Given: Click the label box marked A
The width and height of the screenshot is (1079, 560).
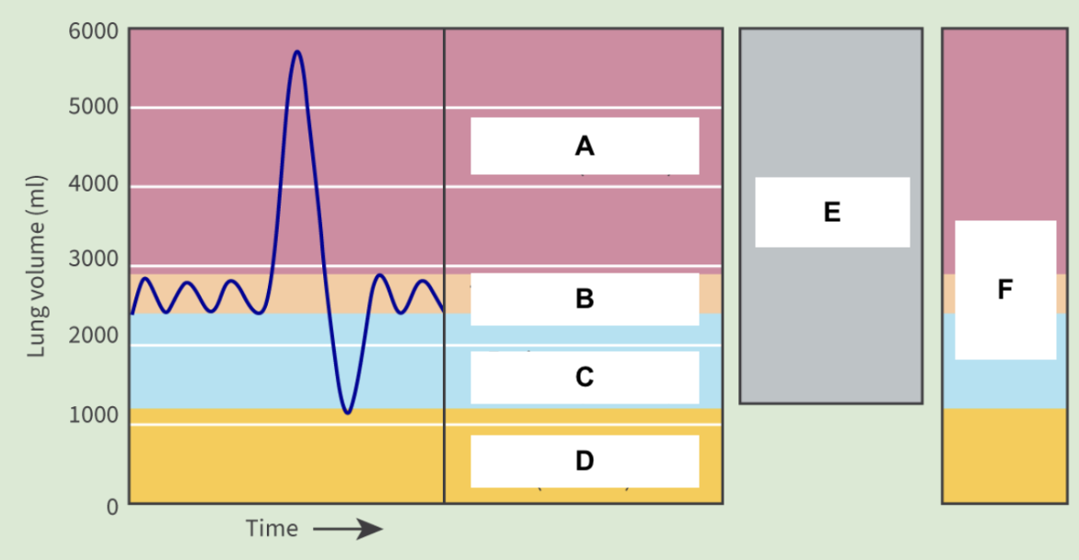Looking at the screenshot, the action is coord(585,146).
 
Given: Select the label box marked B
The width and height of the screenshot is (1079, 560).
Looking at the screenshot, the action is coord(585,299).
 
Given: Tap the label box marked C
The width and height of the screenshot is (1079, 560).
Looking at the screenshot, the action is coord(585,378).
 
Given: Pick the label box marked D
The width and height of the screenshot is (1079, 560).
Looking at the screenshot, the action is coord(585,461).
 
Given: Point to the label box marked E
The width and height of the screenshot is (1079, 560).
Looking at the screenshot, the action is coord(832,212).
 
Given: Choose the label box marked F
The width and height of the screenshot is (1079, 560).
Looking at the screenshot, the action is coord(1004,290).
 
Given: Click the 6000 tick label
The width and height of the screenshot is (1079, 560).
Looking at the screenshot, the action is coord(93,30).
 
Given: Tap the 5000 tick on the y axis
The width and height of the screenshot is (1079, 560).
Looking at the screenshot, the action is coord(93,107).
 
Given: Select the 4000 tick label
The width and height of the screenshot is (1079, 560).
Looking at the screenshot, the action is coord(93,184).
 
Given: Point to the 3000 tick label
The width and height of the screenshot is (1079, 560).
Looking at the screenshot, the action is coord(93,260).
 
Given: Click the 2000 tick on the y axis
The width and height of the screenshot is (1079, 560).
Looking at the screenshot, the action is coord(93,336).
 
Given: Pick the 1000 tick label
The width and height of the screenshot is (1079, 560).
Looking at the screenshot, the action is coord(93,414).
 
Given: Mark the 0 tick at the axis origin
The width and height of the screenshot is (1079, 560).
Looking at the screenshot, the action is coord(111,506).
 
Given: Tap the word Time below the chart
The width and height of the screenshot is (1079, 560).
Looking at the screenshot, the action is coord(272,529).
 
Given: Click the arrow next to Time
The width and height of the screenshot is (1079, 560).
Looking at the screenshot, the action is coord(347,529).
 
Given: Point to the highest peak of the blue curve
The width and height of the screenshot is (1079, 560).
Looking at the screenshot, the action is coord(296,52).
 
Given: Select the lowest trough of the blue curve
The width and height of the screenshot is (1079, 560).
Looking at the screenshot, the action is coord(346,412).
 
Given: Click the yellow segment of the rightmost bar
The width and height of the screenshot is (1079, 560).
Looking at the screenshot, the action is coord(1004,455).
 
